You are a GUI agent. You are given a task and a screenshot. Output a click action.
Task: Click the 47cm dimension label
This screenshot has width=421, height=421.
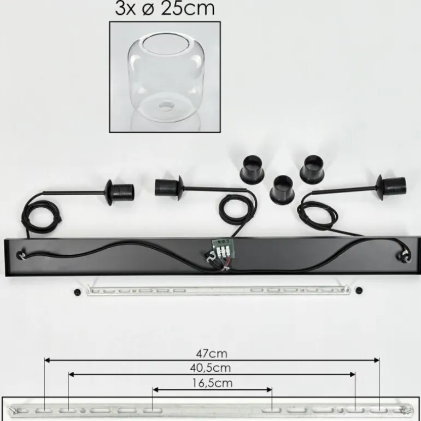click(212, 354)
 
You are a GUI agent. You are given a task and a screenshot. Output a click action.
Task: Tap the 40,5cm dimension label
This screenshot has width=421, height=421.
click(210, 368)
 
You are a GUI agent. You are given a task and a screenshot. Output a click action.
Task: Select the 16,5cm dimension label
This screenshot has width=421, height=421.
click(212, 383)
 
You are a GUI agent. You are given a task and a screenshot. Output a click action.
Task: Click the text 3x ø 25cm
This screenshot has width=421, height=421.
click(165, 9)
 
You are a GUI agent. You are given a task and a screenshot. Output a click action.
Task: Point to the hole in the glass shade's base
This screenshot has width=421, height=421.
click(165, 106)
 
